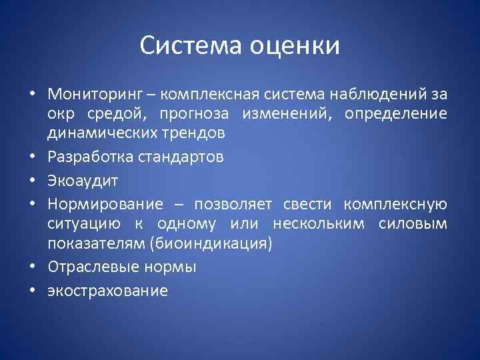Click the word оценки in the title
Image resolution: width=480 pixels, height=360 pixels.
point(295,46)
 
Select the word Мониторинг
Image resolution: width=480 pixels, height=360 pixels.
point(89,91)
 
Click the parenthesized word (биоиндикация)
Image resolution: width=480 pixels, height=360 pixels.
point(213,244)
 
